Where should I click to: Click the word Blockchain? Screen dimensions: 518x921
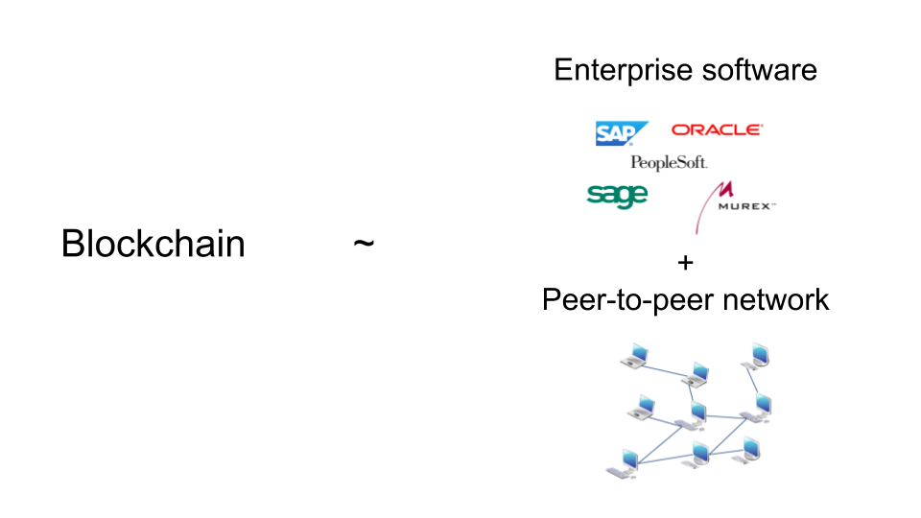(153, 244)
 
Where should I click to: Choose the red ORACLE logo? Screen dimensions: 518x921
(717, 129)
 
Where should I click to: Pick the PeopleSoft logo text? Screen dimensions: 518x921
(669, 163)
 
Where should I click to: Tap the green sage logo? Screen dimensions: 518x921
(617, 195)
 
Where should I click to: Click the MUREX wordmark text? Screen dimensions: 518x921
(745, 205)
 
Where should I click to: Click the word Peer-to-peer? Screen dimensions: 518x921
(627, 299)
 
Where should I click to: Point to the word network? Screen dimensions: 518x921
(775, 299)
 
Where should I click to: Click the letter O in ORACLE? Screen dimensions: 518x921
(679, 129)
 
